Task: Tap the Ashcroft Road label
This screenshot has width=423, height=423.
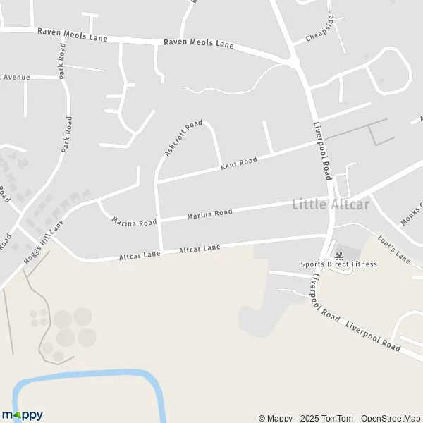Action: tap(178, 139)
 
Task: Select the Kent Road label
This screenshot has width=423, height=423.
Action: tap(238, 163)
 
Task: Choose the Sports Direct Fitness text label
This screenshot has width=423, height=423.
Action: tap(338, 264)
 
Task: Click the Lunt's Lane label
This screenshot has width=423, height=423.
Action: tap(393, 250)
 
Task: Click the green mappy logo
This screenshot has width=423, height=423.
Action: tap(23, 415)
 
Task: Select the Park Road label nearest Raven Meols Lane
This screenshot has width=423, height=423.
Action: tap(62, 61)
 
